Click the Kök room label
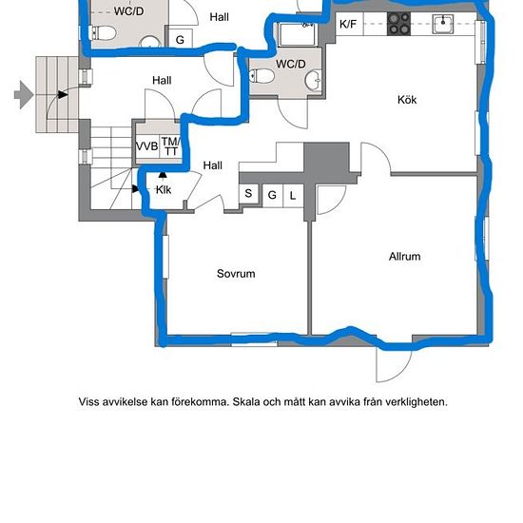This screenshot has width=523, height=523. tap(407, 100)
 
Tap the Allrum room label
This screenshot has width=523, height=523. tap(404, 257)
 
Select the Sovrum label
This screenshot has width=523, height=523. tap(236, 274)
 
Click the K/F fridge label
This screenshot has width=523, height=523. tap(348, 24)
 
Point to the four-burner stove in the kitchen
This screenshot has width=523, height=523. tap(399, 24)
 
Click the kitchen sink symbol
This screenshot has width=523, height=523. tap(443, 24)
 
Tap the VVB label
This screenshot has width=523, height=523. tap(147, 146)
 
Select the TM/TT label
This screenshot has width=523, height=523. tap(171, 146)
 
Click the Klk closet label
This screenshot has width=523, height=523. tap(164, 190)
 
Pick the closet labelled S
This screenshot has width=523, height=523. tap(248, 193)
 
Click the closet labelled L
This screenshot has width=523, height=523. tap(293, 196)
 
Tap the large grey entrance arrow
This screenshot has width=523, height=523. tap(24, 95)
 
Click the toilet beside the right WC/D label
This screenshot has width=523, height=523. tap(262, 76)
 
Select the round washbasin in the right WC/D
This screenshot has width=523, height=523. tap(313, 80)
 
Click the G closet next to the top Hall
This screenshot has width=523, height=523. tap(180, 39)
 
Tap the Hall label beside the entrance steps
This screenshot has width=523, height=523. tap(162, 81)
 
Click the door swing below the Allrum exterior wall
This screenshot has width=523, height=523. tap(394, 365)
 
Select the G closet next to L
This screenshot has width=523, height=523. tap(272, 195)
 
